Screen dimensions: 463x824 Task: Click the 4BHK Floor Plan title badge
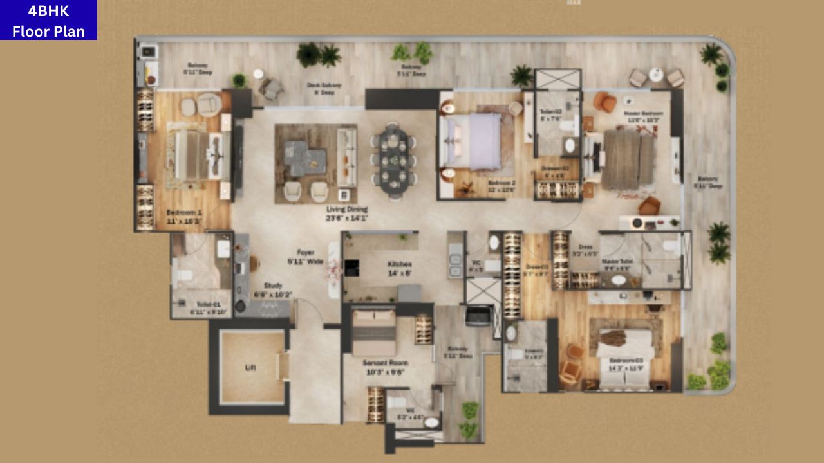48,20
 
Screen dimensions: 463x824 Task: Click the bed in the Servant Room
374,331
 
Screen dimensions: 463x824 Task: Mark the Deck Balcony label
324,88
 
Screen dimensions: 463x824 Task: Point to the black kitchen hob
351,268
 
